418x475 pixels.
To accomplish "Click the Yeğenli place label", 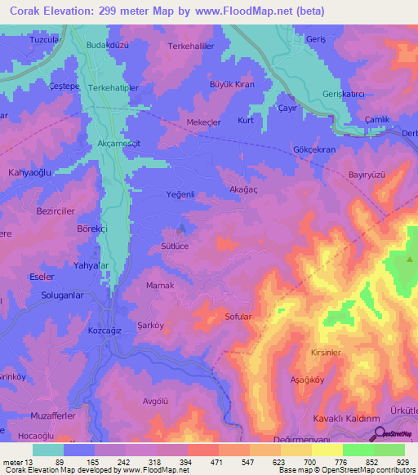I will click(180, 194).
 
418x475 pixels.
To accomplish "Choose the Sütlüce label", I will click(175, 245).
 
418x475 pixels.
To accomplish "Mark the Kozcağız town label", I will click(104, 332).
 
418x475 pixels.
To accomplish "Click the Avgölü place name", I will click(155, 378).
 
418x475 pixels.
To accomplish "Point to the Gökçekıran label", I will click(313, 151).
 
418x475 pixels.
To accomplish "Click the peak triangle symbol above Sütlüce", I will click(180, 229).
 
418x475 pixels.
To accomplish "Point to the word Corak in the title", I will click(19, 11).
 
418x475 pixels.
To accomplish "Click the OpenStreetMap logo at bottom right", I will click(393, 436).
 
